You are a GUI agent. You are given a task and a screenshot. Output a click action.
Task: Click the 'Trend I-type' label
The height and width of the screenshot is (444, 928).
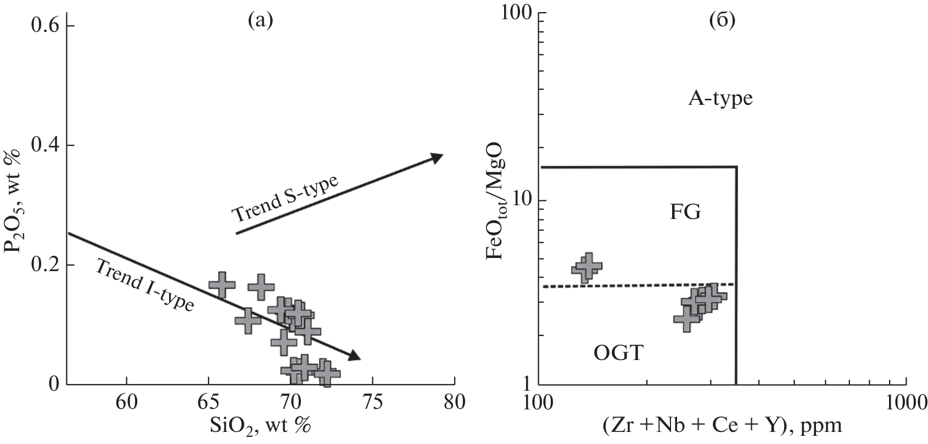point(145,285)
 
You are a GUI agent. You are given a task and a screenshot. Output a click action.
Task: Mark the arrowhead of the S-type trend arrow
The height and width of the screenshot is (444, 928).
point(437,157)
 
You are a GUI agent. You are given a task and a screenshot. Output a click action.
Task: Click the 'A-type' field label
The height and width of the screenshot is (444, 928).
point(719,99)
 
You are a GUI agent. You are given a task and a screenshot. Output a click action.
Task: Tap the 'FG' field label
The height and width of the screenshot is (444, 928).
point(685,212)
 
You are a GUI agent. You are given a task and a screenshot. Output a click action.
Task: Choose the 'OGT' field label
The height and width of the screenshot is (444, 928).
point(618,353)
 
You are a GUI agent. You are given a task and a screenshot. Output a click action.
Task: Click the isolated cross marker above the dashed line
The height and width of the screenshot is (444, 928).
point(587,267)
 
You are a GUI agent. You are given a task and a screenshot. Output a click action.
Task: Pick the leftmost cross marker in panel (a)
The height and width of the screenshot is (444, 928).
point(222,285)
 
